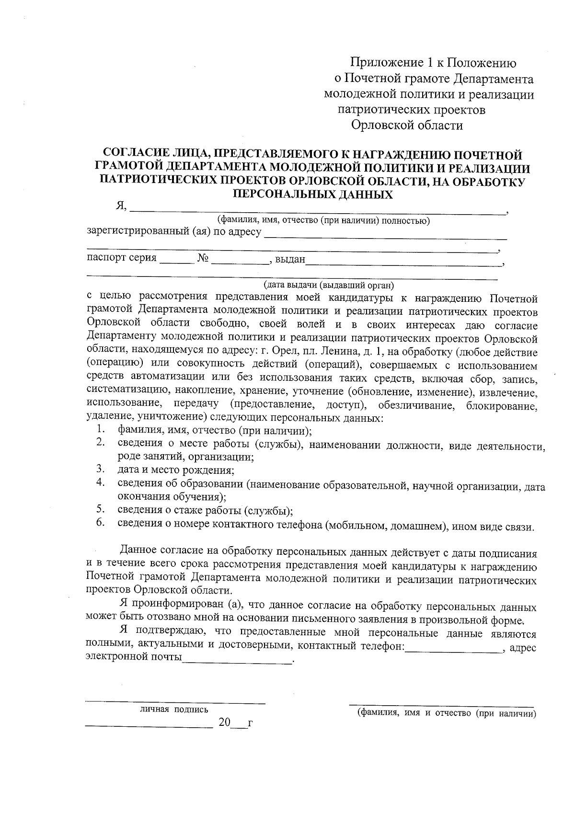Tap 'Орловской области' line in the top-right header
tap(407, 126)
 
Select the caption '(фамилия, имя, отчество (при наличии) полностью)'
tap(323, 221)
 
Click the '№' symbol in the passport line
tap(203, 259)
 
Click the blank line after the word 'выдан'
tap(402, 262)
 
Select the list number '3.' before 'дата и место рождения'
tap(100, 468)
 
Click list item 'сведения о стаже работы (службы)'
tap(205, 510)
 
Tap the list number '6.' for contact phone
tap(100, 523)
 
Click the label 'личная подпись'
tap(174, 710)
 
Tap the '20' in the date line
tap(224, 723)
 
